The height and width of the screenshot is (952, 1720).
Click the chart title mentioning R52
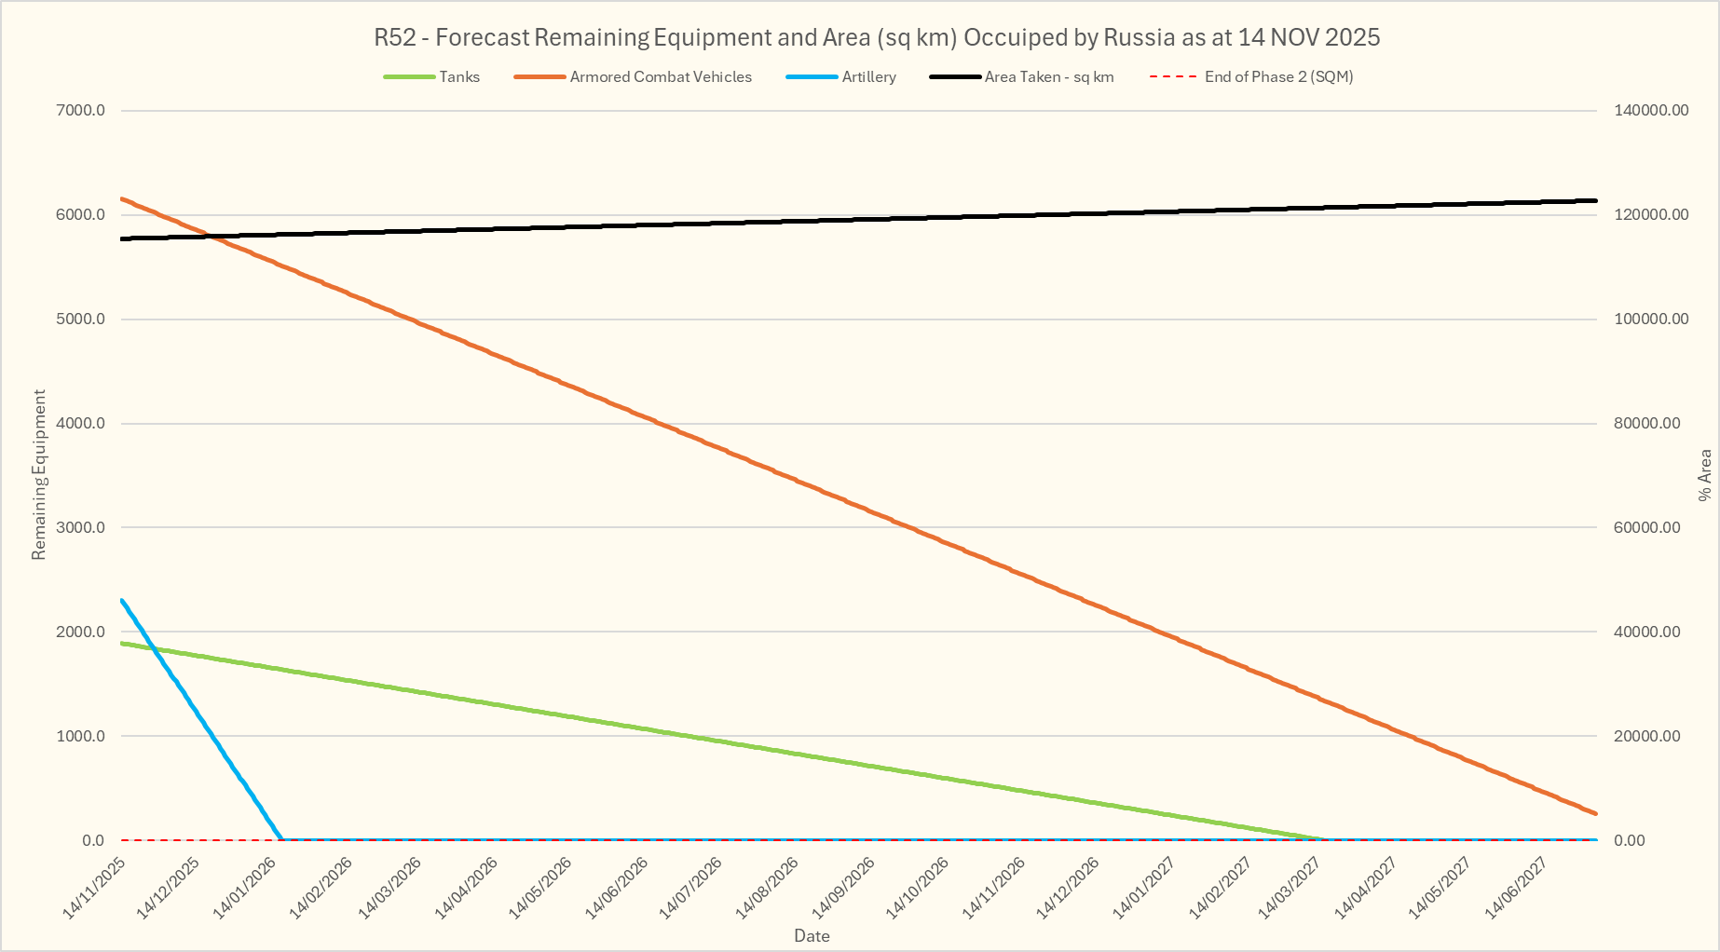click(x=876, y=38)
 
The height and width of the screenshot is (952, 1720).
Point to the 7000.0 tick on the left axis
click(x=80, y=111)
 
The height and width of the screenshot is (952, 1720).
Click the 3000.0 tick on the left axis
click(x=80, y=528)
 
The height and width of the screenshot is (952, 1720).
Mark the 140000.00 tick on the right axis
click(x=1650, y=111)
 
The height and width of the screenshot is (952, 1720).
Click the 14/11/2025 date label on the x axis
click(x=94, y=889)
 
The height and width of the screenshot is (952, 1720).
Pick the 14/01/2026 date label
click(x=245, y=889)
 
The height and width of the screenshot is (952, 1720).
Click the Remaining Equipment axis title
click(x=38, y=475)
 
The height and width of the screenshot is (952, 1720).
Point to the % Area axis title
click(x=1705, y=475)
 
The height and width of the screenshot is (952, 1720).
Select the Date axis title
click(x=812, y=936)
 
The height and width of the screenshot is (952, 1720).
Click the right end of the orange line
click(x=1595, y=813)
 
